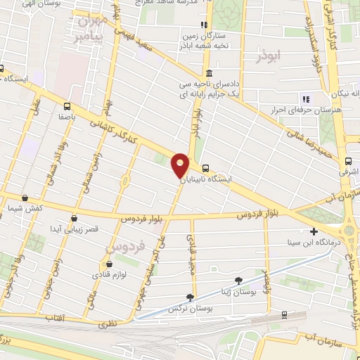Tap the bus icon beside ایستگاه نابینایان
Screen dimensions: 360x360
pyautogui.click(x=205, y=169)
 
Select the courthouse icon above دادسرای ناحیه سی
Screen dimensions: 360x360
pyautogui.click(x=209, y=73)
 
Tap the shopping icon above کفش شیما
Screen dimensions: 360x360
pyautogui.click(x=26, y=198)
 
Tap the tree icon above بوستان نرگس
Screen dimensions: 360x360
pyautogui.click(x=189, y=297)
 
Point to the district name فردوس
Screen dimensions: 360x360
pyautogui.click(x=124, y=247)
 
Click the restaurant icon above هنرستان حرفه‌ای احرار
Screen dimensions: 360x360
pyautogui.click(x=305, y=98)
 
